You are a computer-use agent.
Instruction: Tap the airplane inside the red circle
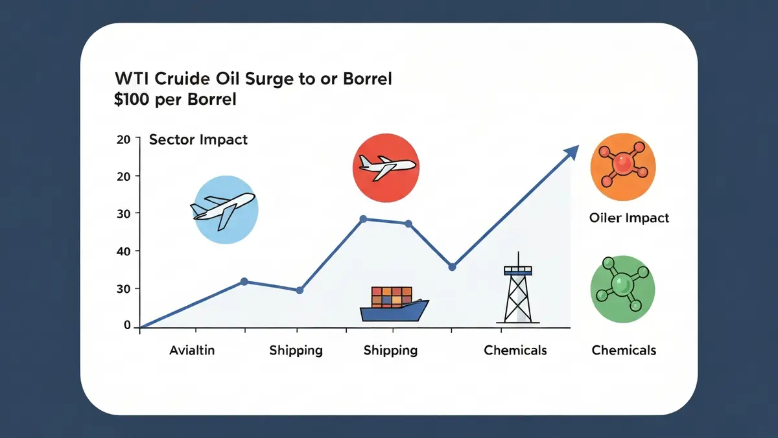pyautogui.click(x=386, y=167)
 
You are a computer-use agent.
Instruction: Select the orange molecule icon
pyautogui.click(x=624, y=167)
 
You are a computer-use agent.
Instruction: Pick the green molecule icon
pyautogui.click(x=623, y=289)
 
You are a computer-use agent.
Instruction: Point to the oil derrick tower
pyautogui.click(x=518, y=288)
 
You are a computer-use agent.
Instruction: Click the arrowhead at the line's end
pyautogui.click(x=572, y=152)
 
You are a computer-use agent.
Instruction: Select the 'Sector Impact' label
pyautogui.click(x=198, y=139)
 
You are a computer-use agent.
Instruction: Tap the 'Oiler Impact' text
pyautogui.click(x=629, y=218)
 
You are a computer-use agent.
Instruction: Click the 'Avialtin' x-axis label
pyautogui.click(x=192, y=350)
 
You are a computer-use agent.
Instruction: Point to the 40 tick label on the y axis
pyautogui.click(x=123, y=251)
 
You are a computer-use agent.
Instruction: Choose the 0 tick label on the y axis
pyautogui.click(x=127, y=325)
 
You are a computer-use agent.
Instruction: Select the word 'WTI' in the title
pyautogui.click(x=131, y=78)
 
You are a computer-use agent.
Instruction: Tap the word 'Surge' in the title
pyautogui.click(x=265, y=78)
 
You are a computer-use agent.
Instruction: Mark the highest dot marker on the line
pyautogui.click(x=363, y=219)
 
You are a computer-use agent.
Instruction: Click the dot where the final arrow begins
pyautogui.click(x=452, y=267)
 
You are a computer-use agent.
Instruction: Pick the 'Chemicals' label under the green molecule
pyautogui.click(x=624, y=350)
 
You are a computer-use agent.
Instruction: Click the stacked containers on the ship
pyautogui.click(x=392, y=297)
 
